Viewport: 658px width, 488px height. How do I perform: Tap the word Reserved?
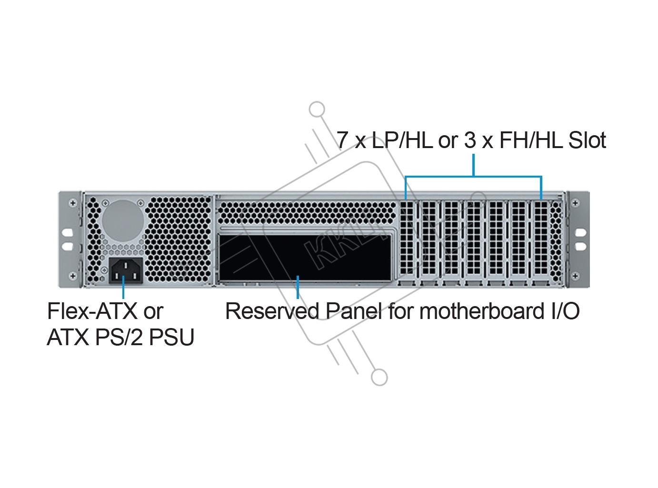coord(272,311)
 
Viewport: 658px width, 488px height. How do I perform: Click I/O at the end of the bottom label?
coord(565,311)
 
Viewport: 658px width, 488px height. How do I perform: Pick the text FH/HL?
coord(531,140)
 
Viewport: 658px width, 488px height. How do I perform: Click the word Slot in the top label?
coord(587,140)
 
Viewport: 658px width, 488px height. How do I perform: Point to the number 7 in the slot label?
coord(342,140)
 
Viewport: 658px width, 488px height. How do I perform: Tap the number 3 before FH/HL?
coord(470,140)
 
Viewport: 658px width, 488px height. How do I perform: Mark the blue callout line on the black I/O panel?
coord(298,287)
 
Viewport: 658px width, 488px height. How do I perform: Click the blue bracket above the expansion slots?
coord(473,177)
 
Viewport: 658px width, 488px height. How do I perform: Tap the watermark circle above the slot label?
coord(316,110)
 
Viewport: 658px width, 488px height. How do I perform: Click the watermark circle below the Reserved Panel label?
coord(379,377)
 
